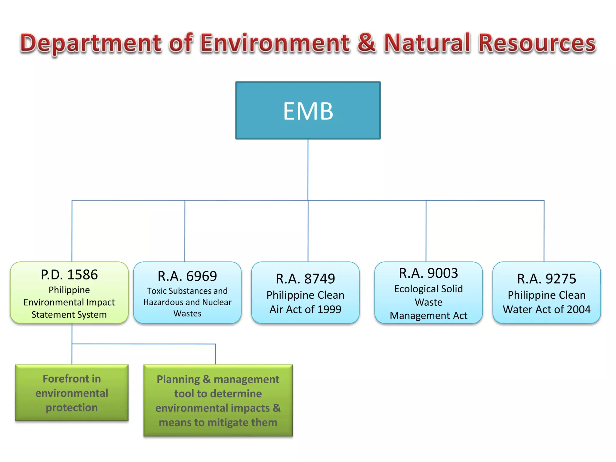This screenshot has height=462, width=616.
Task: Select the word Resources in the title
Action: [x=537, y=43]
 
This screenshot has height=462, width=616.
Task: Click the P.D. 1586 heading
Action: [x=69, y=275]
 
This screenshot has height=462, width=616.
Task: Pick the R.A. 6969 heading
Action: [x=187, y=276]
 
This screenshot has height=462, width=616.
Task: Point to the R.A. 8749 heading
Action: [x=305, y=279]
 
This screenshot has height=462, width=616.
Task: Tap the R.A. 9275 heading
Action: [x=547, y=279]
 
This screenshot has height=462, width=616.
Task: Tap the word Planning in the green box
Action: [x=178, y=380]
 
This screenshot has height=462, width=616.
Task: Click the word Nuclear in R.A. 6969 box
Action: [x=217, y=302]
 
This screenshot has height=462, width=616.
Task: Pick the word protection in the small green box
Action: [x=72, y=408]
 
